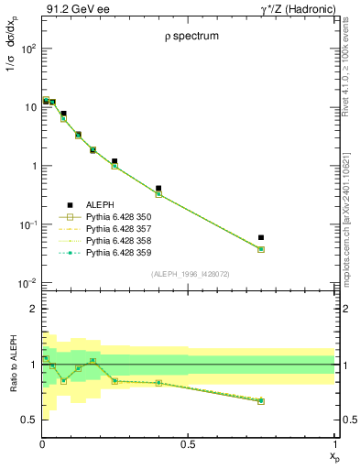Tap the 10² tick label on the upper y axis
click(x=28, y=49)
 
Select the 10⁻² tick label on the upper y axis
click(x=28, y=283)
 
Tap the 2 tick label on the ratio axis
click(x=33, y=309)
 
